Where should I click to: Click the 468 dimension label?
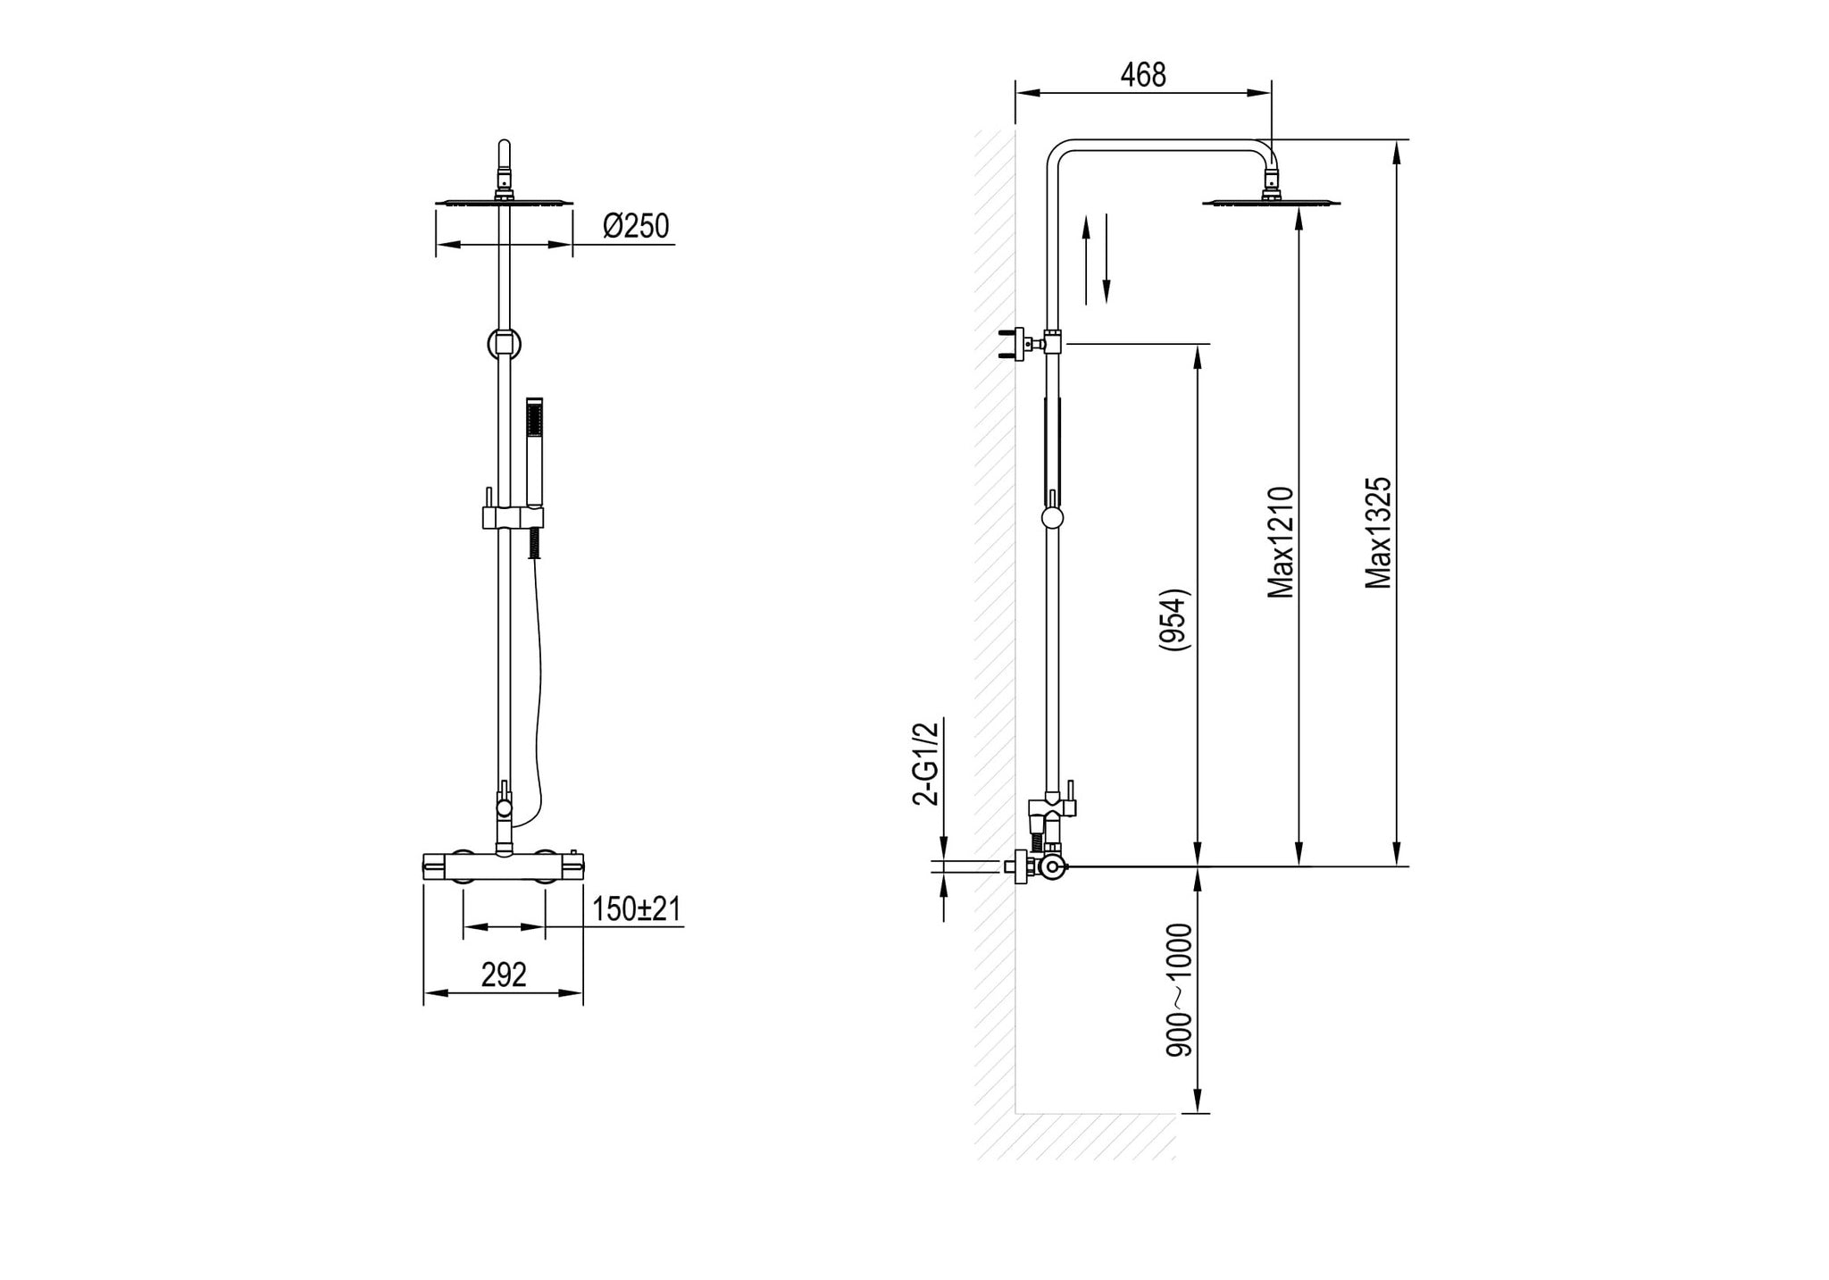[x=1143, y=75]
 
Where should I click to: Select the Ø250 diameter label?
[x=636, y=227]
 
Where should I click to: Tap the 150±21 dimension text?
[x=637, y=909]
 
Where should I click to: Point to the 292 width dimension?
[x=504, y=975]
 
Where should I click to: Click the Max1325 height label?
[x=1380, y=533]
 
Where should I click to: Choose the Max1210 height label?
[x=1282, y=542]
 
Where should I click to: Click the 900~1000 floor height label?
[x=1181, y=991]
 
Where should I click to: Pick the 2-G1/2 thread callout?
[x=927, y=764]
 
